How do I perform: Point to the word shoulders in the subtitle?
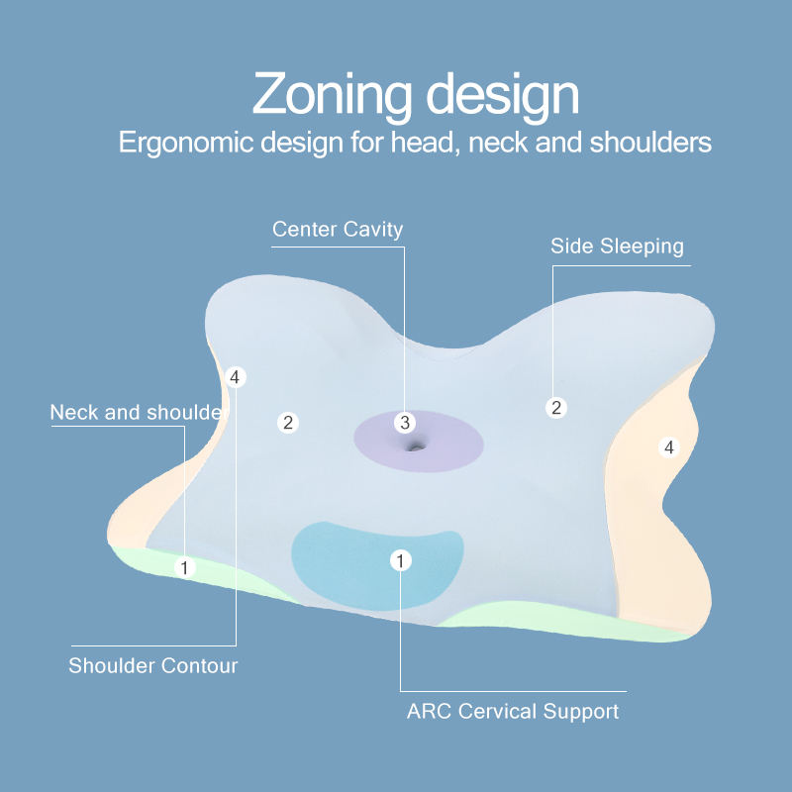[x=650, y=142]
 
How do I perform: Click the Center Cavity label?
[x=338, y=230]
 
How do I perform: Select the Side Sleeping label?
[x=617, y=246]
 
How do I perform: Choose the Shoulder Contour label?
[x=153, y=665]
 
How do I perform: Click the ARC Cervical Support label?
[x=513, y=711]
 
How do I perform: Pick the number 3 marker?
[x=404, y=423]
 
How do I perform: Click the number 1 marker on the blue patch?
[x=400, y=561]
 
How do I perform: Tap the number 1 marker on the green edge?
[x=184, y=567]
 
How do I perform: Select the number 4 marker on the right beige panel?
[x=669, y=447]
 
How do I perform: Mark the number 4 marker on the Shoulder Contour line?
[x=235, y=377]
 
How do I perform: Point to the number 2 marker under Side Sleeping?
[x=556, y=407]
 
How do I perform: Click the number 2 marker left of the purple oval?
[x=288, y=423]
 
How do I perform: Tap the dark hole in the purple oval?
[x=414, y=446]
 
